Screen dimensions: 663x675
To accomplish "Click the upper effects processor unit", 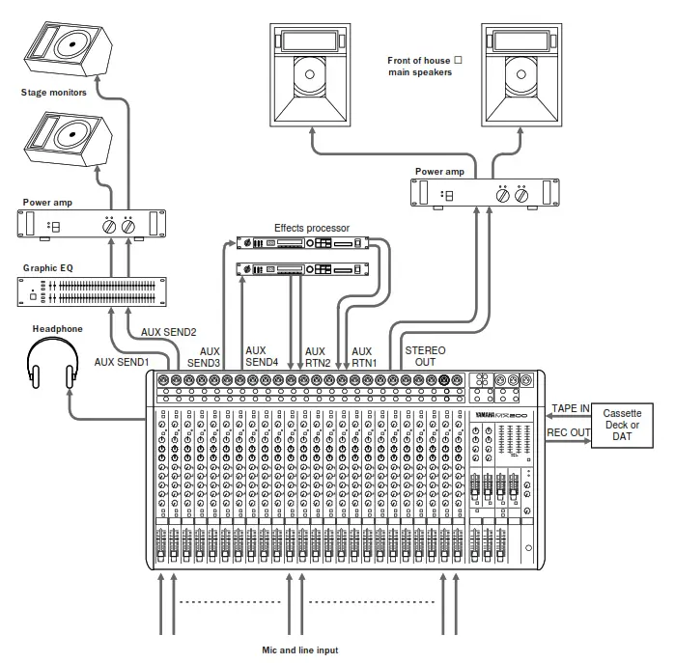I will tap(300, 243).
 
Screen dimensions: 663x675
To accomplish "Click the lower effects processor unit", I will tap(300, 268).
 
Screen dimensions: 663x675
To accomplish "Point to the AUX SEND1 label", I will tap(122, 362).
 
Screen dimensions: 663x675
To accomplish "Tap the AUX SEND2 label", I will tap(169, 331).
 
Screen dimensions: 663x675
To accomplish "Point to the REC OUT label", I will tap(568, 433).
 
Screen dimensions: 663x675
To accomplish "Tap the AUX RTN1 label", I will tap(362, 357).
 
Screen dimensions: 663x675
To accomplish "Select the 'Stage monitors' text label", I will tap(54, 94).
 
